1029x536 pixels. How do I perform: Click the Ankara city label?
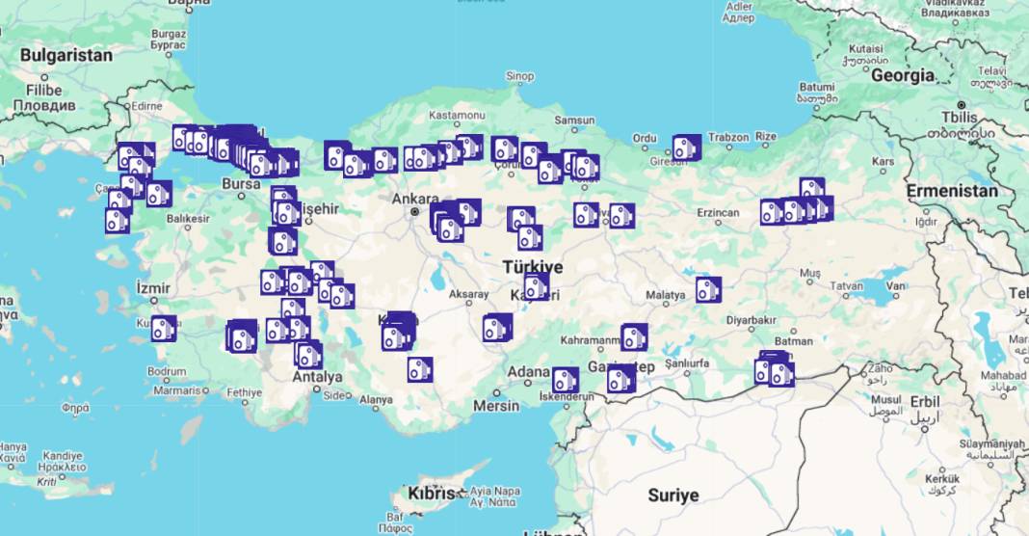[415, 199]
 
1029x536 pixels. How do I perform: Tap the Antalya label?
[318, 377]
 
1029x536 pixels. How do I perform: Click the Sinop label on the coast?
[519, 76]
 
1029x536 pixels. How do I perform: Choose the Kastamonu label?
[457, 116]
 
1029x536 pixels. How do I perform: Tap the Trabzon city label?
[727, 138]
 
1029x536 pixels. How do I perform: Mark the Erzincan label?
[719, 212]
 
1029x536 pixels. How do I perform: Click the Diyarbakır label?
[751, 319]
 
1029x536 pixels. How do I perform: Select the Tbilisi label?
[964, 117]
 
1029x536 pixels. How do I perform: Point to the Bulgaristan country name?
[66, 55]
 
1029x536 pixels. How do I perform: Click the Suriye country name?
[673, 496]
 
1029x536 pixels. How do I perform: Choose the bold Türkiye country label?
[532, 266]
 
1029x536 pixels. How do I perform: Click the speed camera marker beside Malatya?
[709, 289]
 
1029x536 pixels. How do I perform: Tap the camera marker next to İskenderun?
[566, 379]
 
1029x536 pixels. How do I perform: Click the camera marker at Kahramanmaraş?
[634, 336]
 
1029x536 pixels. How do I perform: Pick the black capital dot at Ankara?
[415, 211]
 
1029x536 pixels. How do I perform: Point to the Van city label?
[897, 286]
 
